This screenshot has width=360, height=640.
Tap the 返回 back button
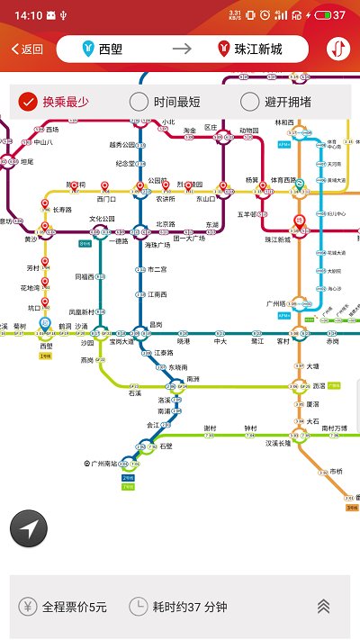(x=27, y=50)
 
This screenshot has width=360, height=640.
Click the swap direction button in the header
(x=338, y=50)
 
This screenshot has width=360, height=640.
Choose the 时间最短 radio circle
(x=139, y=102)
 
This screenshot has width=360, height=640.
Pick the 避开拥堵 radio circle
(x=250, y=102)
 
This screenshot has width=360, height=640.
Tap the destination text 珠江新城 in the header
(x=258, y=50)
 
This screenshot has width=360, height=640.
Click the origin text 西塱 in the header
(x=112, y=50)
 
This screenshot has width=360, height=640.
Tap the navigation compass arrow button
(x=28, y=528)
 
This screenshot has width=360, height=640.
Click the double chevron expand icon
(x=323, y=607)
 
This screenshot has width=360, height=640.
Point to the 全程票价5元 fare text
(x=75, y=608)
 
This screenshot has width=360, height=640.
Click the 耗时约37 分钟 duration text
(x=189, y=608)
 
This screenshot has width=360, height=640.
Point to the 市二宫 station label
(x=157, y=269)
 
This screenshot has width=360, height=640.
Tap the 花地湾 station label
(x=31, y=288)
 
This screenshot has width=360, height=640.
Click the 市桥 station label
(x=337, y=471)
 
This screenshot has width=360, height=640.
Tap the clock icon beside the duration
(x=139, y=607)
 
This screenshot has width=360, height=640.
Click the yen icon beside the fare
(x=28, y=607)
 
